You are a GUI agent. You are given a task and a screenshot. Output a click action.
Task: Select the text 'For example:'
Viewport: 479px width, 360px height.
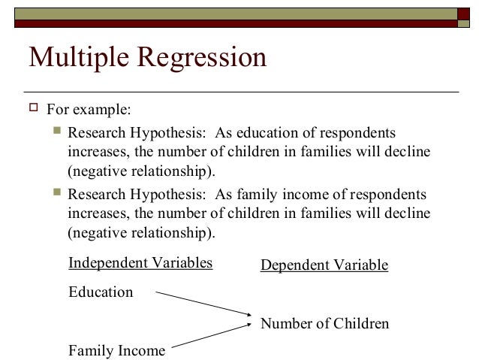pos(89,110)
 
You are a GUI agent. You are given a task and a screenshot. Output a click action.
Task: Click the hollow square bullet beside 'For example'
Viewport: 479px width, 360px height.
pos(31,110)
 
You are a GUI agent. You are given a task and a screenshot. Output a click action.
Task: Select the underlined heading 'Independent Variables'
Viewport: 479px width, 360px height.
pos(140,263)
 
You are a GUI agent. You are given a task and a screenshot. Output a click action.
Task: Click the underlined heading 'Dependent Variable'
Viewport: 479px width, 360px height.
pos(324,265)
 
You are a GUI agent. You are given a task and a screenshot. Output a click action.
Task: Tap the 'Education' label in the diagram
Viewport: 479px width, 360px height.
pos(101,292)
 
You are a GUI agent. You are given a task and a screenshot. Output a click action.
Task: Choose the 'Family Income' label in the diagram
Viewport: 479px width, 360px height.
pos(116,349)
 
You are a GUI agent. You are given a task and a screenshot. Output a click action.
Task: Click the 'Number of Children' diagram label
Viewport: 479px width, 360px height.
pos(324,324)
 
